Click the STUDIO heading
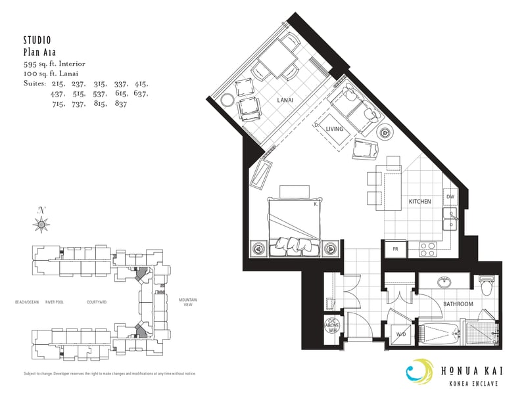tap(37, 40)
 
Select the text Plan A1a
tap(37, 52)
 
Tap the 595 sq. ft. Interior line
tap(54, 64)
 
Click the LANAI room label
tap(285, 100)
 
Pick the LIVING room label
tap(334, 129)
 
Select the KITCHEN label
tap(419, 201)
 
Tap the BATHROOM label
tap(458, 304)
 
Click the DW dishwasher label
tap(450, 196)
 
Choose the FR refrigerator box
tap(396, 250)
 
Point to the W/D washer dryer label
tap(400, 334)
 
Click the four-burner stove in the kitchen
tap(429, 250)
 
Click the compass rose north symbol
tap(42, 225)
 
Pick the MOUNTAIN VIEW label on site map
tap(188, 302)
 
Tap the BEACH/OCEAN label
tap(27, 302)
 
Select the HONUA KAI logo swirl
tap(419, 372)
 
